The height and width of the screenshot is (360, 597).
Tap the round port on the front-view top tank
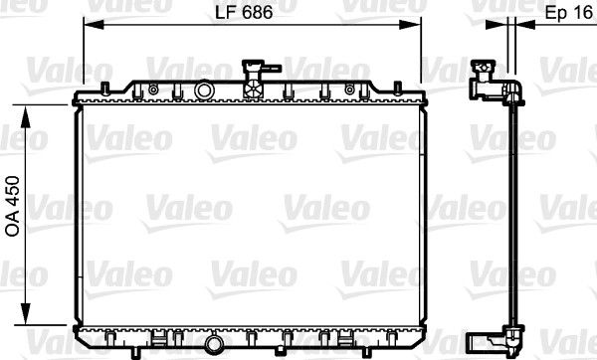coord(204,90)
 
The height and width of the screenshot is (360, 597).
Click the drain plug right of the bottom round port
coord(240,343)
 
